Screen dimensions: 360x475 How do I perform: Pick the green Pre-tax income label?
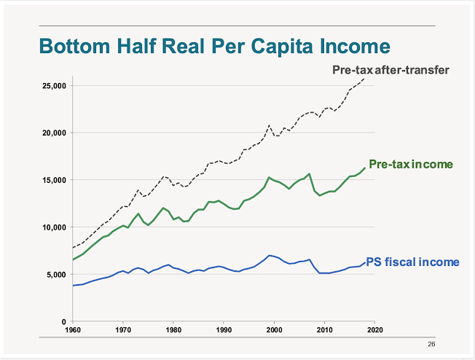[411, 164]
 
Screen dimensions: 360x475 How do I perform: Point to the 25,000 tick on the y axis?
[55, 86]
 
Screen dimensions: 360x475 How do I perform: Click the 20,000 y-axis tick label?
[55, 133]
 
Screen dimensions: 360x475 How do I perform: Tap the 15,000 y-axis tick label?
[55, 180]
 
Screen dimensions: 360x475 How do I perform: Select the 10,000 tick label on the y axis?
[55, 227]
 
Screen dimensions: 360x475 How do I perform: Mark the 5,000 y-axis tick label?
[57, 275]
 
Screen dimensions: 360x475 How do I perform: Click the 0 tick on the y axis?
[64, 321]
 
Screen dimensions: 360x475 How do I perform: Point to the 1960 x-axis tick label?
[73, 330]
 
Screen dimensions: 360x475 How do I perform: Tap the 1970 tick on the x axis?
[123, 330]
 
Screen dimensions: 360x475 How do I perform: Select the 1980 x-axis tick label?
[173, 330]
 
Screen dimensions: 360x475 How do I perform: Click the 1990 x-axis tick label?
[224, 330]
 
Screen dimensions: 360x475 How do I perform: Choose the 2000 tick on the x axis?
[274, 330]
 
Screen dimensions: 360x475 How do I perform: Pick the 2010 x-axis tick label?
[324, 330]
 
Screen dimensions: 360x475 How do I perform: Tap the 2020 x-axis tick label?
[374, 330]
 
